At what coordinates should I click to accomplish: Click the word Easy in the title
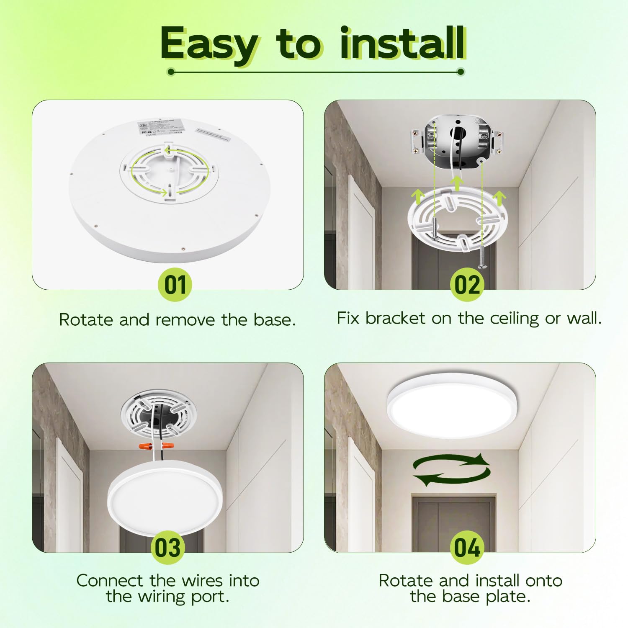[x=209, y=44]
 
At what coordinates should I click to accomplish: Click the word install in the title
[x=402, y=43]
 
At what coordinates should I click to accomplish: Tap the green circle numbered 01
[x=175, y=285]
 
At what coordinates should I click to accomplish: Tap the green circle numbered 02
[x=467, y=285]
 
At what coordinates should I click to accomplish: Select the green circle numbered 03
[x=167, y=548]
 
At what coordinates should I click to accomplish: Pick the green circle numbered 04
[x=467, y=548]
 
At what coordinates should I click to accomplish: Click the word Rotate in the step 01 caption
[x=86, y=320]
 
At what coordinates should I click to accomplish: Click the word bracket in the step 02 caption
[x=395, y=318]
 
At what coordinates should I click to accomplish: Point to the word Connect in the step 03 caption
[x=110, y=581]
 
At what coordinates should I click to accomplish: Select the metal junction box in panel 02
[x=456, y=138]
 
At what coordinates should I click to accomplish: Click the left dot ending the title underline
[x=171, y=72]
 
